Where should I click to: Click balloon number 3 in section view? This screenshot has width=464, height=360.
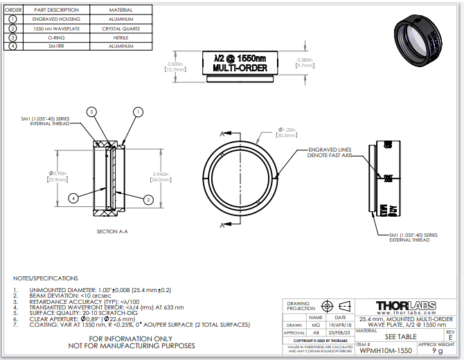click(x=91, y=111)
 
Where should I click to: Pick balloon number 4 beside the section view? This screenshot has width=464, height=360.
click(x=73, y=198)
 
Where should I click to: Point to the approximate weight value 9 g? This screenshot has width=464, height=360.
click(x=437, y=351)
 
